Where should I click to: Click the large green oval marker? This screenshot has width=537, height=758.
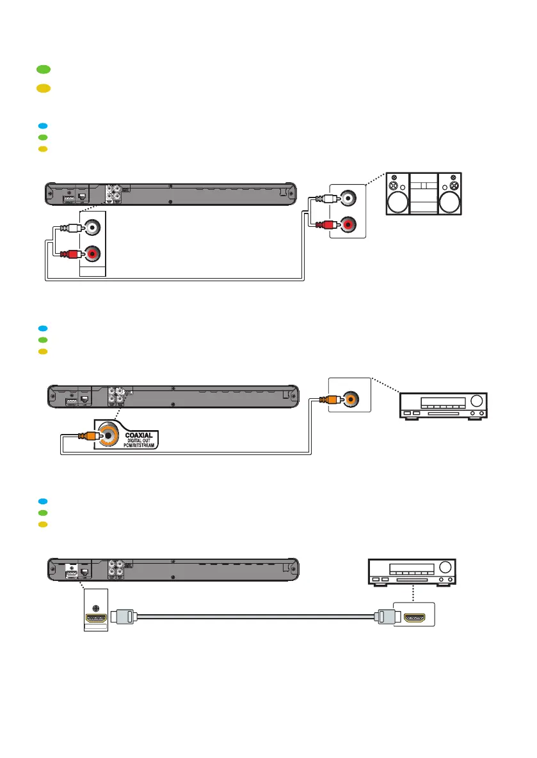tap(43, 69)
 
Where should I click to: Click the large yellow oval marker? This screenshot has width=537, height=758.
tap(43, 88)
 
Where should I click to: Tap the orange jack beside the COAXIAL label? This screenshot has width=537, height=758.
tap(109, 437)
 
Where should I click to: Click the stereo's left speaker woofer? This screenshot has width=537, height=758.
tap(397, 203)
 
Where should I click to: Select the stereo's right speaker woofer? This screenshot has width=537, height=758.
tap(450, 203)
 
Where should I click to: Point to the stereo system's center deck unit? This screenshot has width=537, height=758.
tap(424, 194)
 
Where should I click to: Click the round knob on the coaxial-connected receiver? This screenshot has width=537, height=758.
tap(477, 401)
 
